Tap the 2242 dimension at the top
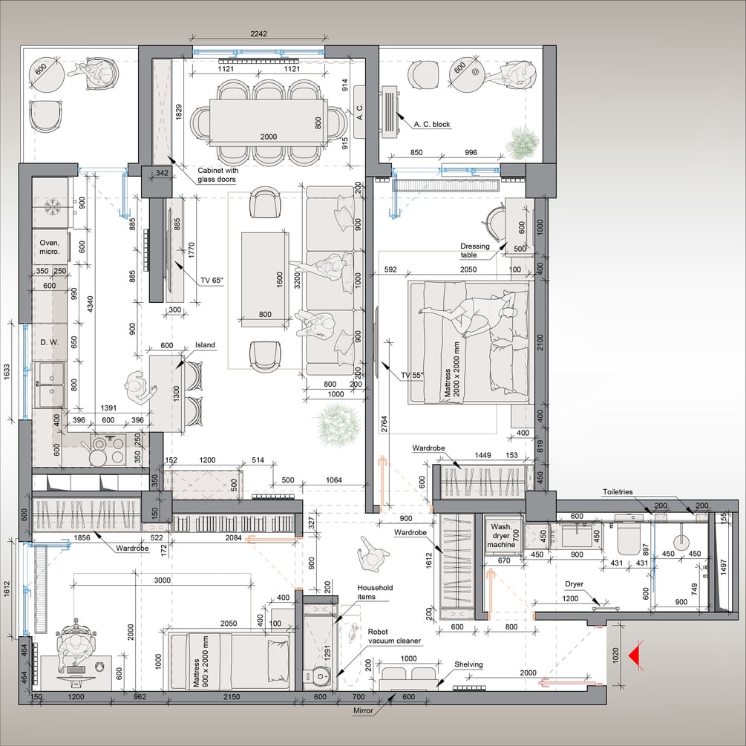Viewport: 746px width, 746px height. [x=258, y=34]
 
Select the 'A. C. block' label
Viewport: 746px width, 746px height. [x=431, y=124]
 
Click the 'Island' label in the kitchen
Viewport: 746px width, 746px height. [x=205, y=345]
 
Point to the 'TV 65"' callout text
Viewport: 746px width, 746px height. [x=212, y=281]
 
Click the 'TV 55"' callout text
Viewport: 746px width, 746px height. [x=412, y=375]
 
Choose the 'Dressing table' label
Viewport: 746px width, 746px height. [x=474, y=250]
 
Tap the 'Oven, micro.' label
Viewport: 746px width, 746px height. [x=50, y=247]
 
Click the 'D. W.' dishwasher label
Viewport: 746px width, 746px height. [x=50, y=342]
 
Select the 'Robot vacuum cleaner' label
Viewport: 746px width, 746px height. [x=394, y=636]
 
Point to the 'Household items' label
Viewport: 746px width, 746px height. [x=375, y=592]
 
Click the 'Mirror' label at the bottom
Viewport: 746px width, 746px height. [x=363, y=711]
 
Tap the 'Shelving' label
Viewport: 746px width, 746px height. [x=468, y=664]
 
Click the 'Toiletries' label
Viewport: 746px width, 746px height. [x=618, y=492]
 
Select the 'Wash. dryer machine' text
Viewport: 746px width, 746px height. [x=501, y=535]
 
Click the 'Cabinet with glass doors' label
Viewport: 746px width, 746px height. [x=217, y=174]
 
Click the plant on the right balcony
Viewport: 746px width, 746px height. [x=523, y=141]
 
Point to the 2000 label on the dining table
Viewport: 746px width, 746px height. [x=268, y=137]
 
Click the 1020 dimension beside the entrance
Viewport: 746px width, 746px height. [x=615, y=655]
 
